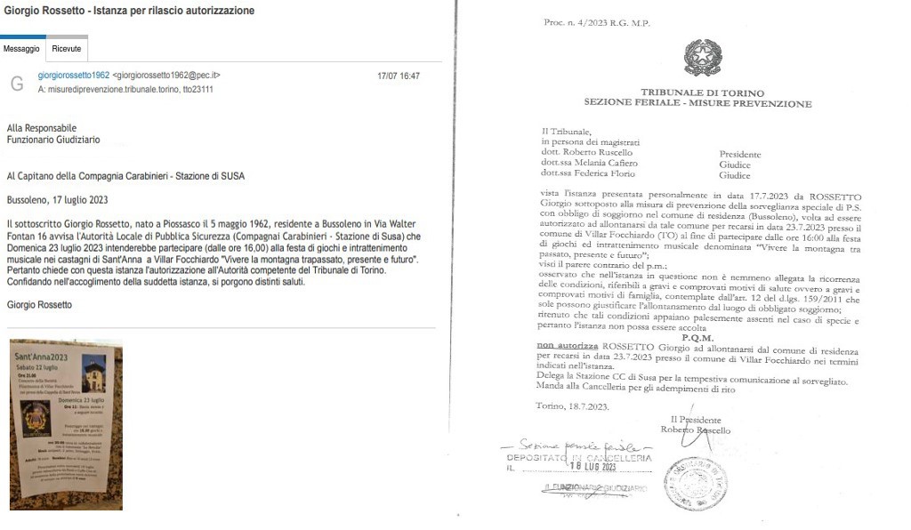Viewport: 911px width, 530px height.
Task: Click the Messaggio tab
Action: coord(21,49)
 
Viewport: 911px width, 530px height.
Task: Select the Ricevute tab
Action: coord(67,49)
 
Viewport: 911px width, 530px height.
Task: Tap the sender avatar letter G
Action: coord(17,84)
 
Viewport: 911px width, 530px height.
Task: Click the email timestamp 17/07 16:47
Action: coord(399,76)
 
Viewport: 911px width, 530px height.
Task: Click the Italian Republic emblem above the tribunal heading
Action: coord(703,58)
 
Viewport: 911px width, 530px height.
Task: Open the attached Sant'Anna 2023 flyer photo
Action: coord(66,424)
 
